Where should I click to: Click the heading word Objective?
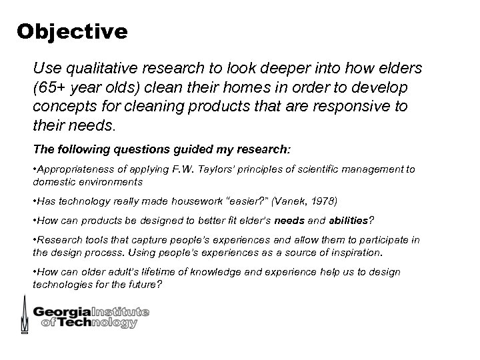pyautogui.click(x=72, y=31)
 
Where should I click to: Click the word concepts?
pyautogui.click(x=65, y=107)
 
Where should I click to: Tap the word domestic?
pyautogui.click(x=53, y=181)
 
